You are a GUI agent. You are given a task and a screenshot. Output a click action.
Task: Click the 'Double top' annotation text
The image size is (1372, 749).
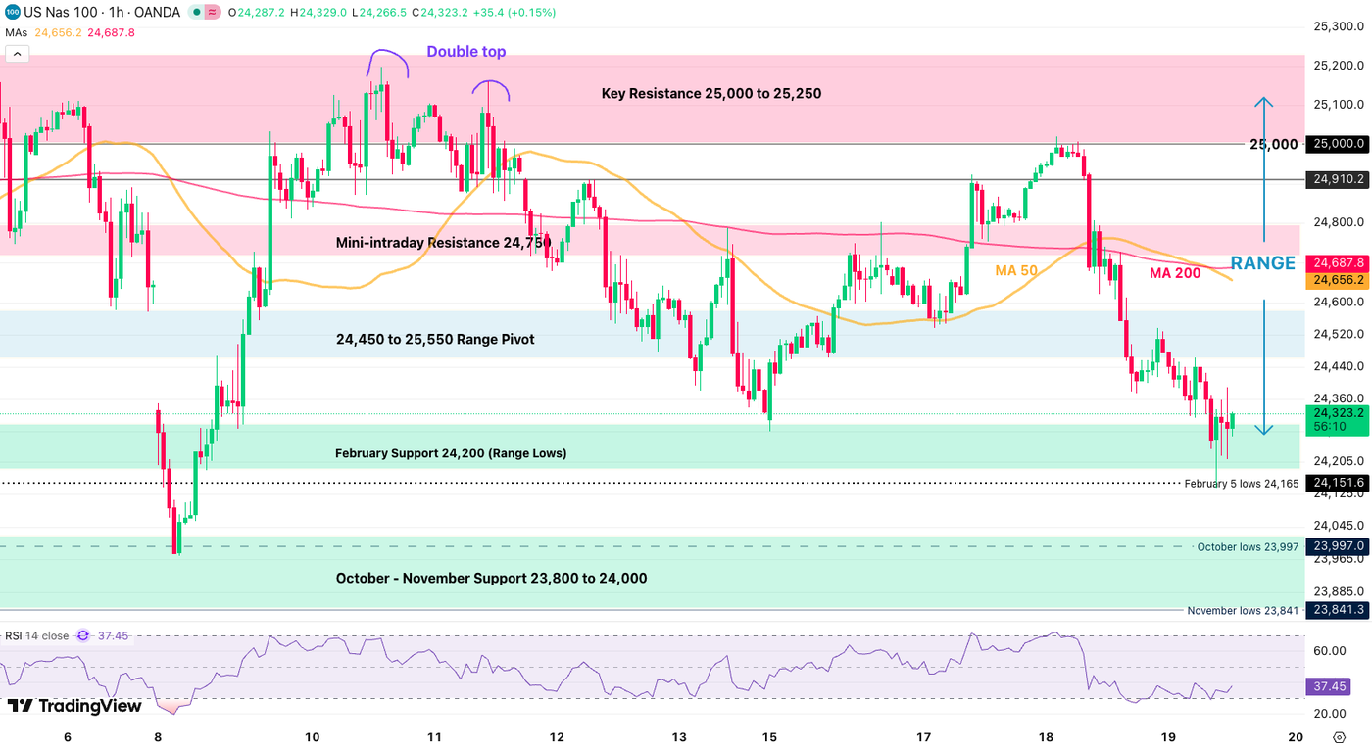466,52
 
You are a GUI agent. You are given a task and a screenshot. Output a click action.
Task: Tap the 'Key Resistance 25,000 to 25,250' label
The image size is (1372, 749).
711,94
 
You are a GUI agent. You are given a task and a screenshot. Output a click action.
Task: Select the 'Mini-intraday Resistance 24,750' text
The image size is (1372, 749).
443,242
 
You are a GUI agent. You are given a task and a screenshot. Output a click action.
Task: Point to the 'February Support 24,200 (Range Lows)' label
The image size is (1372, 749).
451,453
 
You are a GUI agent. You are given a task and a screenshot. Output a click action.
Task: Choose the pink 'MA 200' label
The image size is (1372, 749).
1175,273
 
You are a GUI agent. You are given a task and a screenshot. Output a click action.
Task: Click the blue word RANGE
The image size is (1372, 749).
1262,263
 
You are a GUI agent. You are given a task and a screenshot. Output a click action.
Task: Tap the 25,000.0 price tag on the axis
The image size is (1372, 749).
1340,144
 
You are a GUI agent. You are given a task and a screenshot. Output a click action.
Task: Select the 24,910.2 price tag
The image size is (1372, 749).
1340,180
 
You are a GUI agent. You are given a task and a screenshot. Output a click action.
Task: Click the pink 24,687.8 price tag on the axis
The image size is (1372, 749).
1340,263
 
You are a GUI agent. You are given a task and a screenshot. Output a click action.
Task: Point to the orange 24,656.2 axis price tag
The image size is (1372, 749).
1340,280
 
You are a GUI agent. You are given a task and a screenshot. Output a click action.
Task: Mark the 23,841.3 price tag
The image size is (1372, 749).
1340,610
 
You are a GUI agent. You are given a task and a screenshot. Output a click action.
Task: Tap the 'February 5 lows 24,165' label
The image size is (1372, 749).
1241,484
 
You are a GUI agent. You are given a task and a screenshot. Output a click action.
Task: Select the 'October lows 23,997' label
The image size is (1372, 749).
1248,547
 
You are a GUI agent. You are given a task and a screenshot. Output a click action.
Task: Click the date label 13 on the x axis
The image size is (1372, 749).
679,736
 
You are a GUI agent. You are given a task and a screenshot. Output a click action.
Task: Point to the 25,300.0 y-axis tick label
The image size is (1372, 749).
1340,26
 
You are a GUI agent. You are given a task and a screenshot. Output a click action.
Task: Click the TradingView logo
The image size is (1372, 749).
74,706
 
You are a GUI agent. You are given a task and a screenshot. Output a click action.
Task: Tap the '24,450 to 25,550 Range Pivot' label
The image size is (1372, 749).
435,340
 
